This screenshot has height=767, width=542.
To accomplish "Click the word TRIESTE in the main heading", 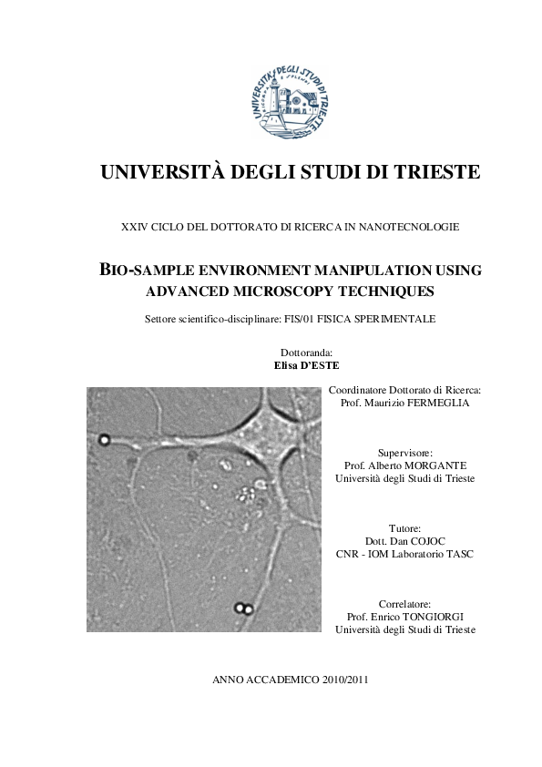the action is tap(430, 172).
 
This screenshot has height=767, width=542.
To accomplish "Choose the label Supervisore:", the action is tap(404, 453).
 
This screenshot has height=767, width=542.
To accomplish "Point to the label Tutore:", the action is tap(404, 528).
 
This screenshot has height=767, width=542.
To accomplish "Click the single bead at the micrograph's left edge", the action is tap(104, 440).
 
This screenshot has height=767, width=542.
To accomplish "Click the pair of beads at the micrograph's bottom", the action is tap(242, 608).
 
